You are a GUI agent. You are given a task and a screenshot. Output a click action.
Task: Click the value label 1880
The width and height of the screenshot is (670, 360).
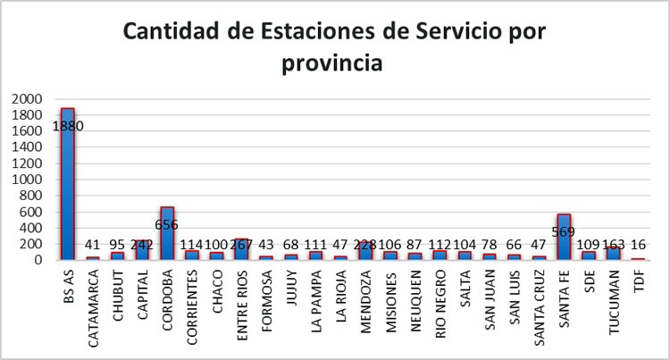[68, 126]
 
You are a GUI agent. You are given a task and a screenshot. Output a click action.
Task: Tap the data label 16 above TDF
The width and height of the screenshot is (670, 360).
[638, 244]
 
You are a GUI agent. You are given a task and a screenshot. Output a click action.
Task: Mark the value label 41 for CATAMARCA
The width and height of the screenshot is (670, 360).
[93, 244]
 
